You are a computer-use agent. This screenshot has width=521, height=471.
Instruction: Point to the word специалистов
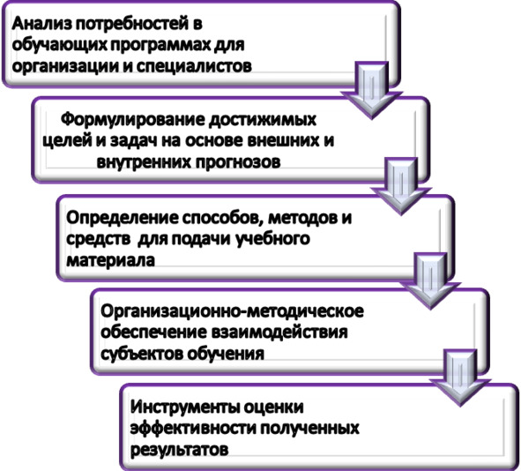(x=194, y=66)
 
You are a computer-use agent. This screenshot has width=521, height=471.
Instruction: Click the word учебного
(x=272, y=239)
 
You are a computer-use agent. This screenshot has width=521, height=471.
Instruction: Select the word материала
(x=111, y=260)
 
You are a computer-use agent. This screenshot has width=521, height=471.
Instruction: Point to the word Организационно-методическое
(x=232, y=312)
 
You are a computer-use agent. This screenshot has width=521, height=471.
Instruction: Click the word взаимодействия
(x=279, y=333)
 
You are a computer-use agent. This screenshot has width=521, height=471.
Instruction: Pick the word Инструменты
(x=184, y=407)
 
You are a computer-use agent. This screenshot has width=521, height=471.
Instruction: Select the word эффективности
(x=193, y=428)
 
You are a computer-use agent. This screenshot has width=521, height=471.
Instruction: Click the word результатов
(x=180, y=450)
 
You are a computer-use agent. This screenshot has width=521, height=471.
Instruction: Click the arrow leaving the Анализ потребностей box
(x=372, y=90)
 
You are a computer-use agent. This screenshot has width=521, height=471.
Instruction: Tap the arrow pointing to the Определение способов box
(x=401, y=186)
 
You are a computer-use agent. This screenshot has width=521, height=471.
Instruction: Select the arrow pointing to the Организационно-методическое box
(x=430, y=281)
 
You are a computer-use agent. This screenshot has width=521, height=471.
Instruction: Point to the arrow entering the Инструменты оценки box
(x=460, y=378)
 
